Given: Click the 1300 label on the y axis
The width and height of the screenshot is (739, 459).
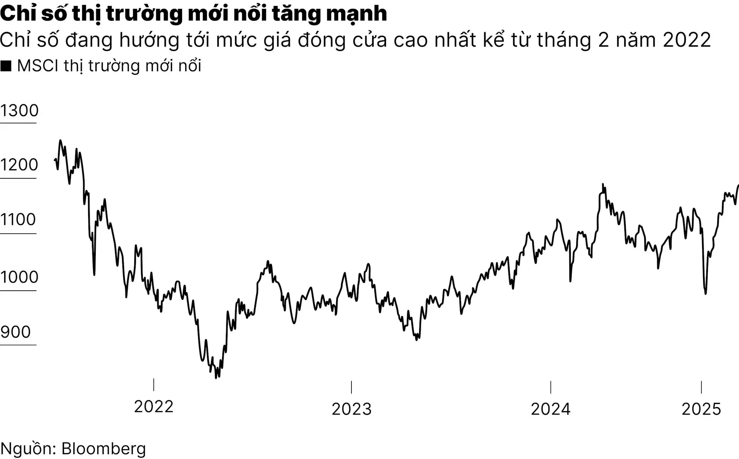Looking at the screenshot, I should pyautogui.click(x=19, y=111).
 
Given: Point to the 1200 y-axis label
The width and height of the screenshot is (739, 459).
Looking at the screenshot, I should pyautogui.click(x=19, y=165).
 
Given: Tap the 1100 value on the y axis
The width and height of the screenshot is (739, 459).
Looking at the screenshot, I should pyautogui.click(x=18, y=220).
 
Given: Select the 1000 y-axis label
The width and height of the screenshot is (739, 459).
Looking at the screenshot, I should pyautogui.click(x=19, y=277).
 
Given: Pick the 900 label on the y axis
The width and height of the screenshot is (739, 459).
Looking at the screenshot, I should pyautogui.click(x=15, y=332).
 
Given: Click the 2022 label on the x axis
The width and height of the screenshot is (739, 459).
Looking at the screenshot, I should pyautogui.click(x=154, y=407).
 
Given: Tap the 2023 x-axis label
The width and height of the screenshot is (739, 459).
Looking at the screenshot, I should pyautogui.click(x=351, y=409).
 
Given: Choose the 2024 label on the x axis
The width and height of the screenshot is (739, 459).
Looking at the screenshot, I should pyautogui.click(x=550, y=409).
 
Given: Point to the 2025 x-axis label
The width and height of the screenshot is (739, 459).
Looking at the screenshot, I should pyautogui.click(x=701, y=409).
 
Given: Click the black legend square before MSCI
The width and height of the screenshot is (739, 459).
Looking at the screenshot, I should pyautogui.click(x=6, y=66).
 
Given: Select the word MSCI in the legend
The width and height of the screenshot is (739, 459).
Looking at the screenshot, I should pyautogui.click(x=38, y=66).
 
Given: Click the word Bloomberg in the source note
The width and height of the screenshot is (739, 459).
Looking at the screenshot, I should pyautogui.click(x=104, y=449).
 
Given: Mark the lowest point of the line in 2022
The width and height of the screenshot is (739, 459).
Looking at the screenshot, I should pyautogui.click(x=216, y=378).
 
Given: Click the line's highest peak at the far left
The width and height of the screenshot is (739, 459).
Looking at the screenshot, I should pyautogui.click(x=60, y=141).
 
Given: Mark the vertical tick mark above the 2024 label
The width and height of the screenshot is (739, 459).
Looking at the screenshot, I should pyautogui.click(x=551, y=387).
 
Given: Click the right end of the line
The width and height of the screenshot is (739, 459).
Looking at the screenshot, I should pyautogui.click(x=738, y=186).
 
